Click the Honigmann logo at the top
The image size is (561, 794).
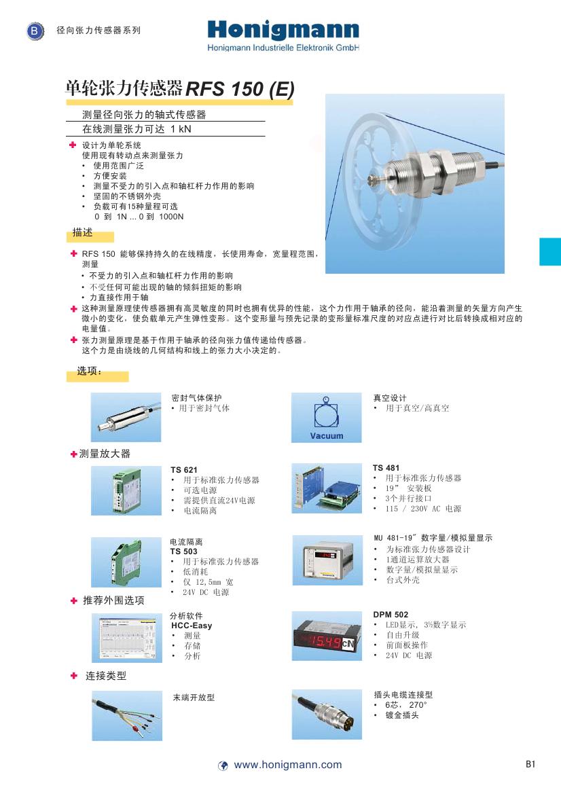pyautogui.click(x=283, y=31)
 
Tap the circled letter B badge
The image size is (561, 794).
pyautogui.click(x=35, y=31)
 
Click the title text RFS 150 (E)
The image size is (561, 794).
pyautogui.click(x=240, y=89)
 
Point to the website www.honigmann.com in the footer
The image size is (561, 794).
pyautogui.click(x=288, y=765)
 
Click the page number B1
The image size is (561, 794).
pyautogui.click(x=530, y=764)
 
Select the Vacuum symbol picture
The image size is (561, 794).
pyautogui.click(x=326, y=417)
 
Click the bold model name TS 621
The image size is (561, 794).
pyautogui.click(x=183, y=470)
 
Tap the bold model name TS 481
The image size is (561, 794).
pyautogui.click(x=386, y=468)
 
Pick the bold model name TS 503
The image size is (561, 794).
pyautogui.click(x=183, y=552)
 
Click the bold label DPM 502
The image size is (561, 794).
pyautogui.click(x=391, y=615)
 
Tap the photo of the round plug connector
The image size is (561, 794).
pyautogui.click(x=326, y=715)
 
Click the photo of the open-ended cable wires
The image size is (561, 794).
pyautogui.click(x=127, y=716)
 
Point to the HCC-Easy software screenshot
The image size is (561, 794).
pyautogui.click(x=126, y=638)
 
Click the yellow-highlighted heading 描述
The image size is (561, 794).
pyautogui.click(x=82, y=233)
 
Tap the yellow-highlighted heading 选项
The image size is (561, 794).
pyautogui.click(x=89, y=372)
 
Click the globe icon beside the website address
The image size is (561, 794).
pyautogui.click(x=223, y=765)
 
